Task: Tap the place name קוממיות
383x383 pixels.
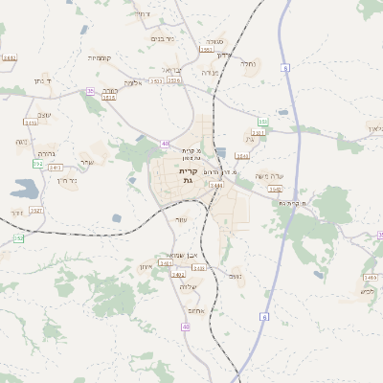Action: click(x=101, y=58)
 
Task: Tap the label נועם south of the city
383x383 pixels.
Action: click(x=236, y=276)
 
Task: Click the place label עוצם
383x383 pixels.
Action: click(x=181, y=219)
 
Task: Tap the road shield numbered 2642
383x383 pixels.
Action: click(x=10, y=58)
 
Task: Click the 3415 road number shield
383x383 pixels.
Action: click(x=108, y=97)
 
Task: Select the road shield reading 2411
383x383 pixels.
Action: click(x=31, y=122)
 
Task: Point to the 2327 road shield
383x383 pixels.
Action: click(x=36, y=210)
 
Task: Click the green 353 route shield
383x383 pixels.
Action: click(x=261, y=122)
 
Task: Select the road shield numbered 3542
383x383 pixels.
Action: click(x=248, y=190)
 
